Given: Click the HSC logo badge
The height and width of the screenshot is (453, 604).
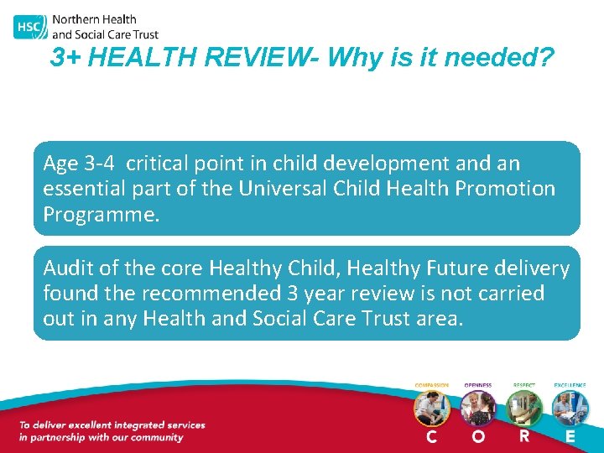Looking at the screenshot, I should (x=29, y=27).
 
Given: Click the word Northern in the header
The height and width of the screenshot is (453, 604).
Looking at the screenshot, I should (x=73, y=19).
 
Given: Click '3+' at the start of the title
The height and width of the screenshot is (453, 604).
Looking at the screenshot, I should (x=65, y=58).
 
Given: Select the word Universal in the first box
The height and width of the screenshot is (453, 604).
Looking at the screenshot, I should (x=281, y=188).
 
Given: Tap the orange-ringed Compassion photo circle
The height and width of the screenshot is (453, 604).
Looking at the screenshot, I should (x=431, y=409).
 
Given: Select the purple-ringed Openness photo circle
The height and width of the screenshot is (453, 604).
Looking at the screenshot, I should (x=478, y=409).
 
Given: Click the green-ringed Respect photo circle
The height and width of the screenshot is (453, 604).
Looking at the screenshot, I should (x=524, y=409).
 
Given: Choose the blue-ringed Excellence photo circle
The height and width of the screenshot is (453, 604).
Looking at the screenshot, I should (x=570, y=409).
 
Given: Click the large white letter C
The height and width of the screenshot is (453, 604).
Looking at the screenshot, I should (x=431, y=437).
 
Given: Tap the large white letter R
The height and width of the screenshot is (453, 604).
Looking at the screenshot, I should (x=524, y=436).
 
